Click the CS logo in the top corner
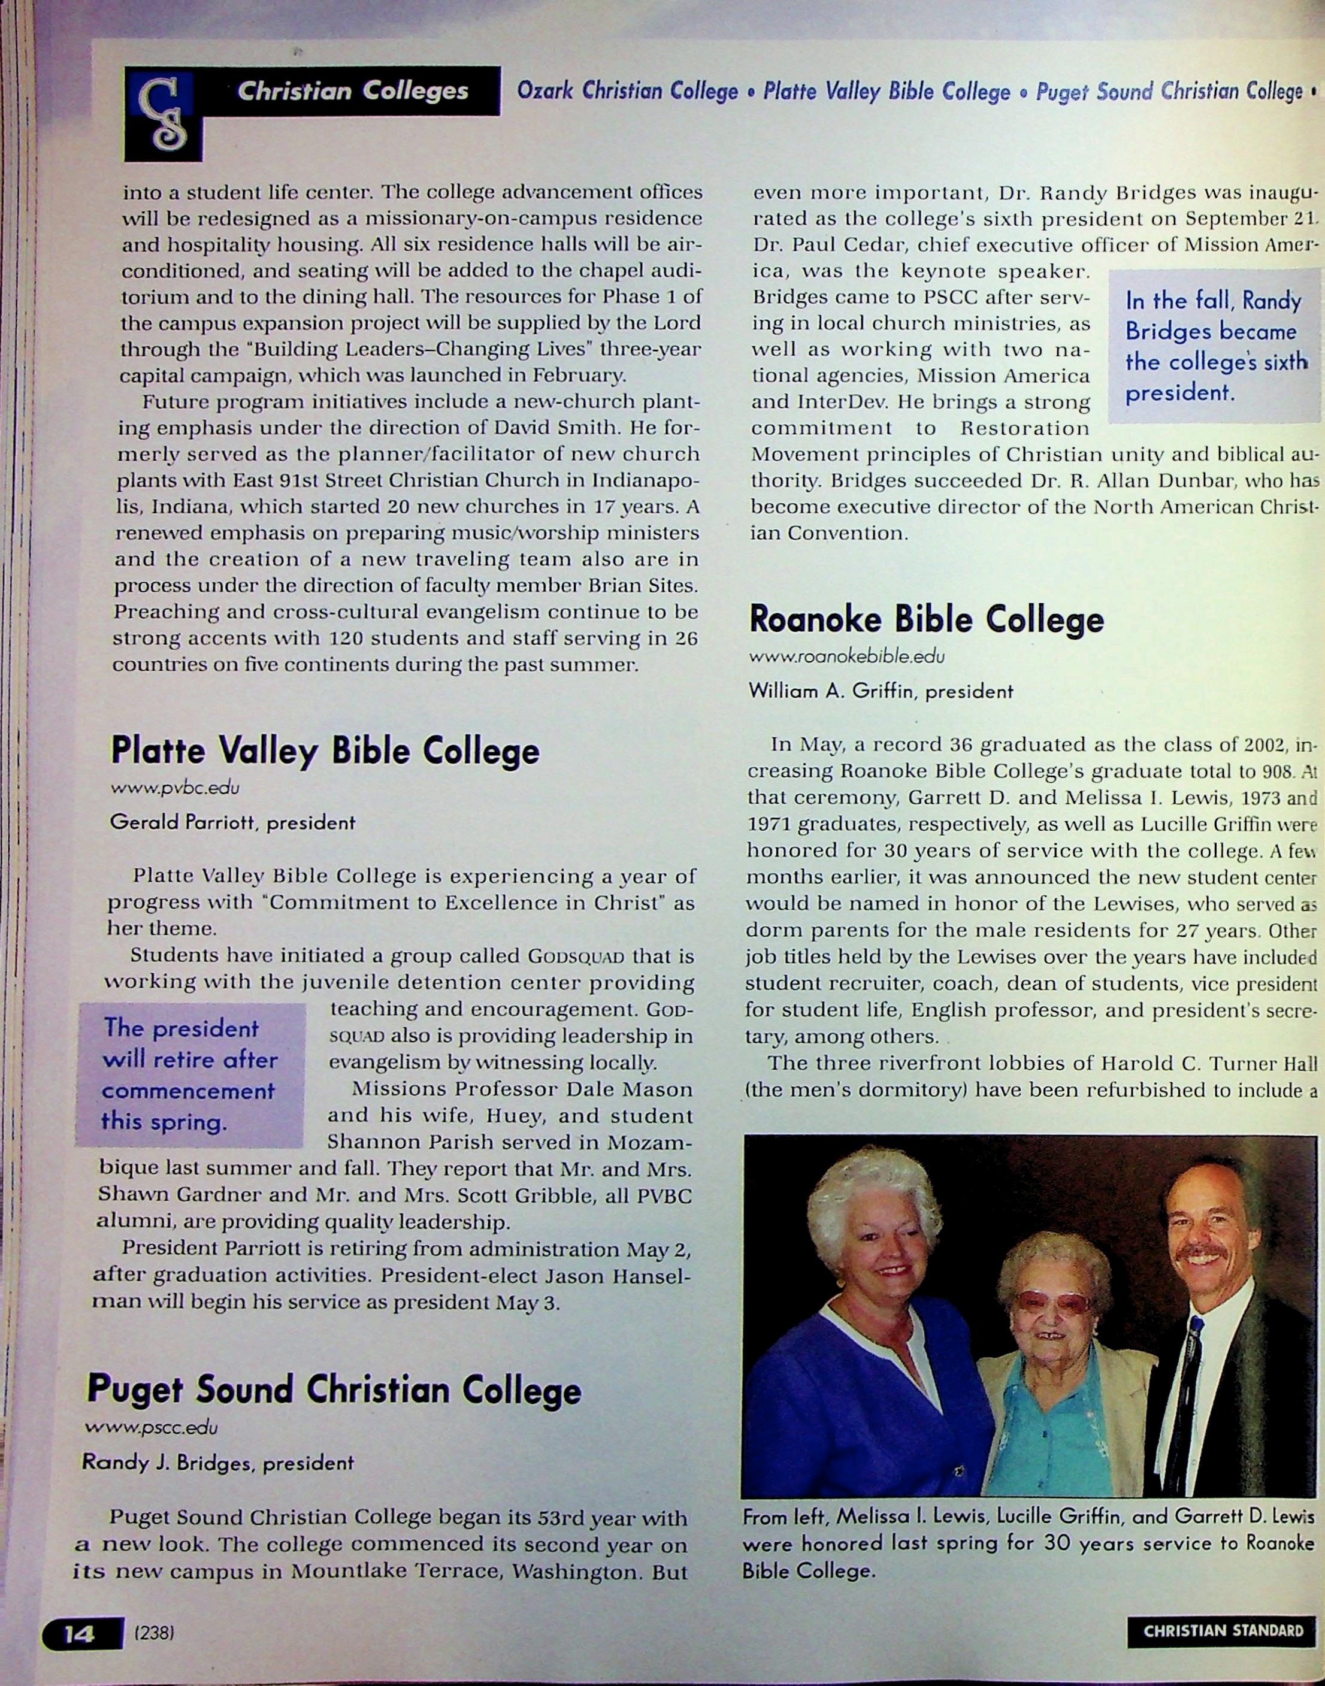[164, 114]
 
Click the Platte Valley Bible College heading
[325, 750]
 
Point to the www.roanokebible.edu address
[846, 657]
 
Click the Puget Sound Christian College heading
[334, 1389]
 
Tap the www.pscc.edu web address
[152, 1427]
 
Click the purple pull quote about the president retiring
[189, 1075]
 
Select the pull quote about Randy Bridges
[1215, 346]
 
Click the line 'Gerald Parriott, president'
[233, 823]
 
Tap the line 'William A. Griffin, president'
[881, 691]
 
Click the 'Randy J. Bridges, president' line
[218, 1463]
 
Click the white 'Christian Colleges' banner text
[352, 92]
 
